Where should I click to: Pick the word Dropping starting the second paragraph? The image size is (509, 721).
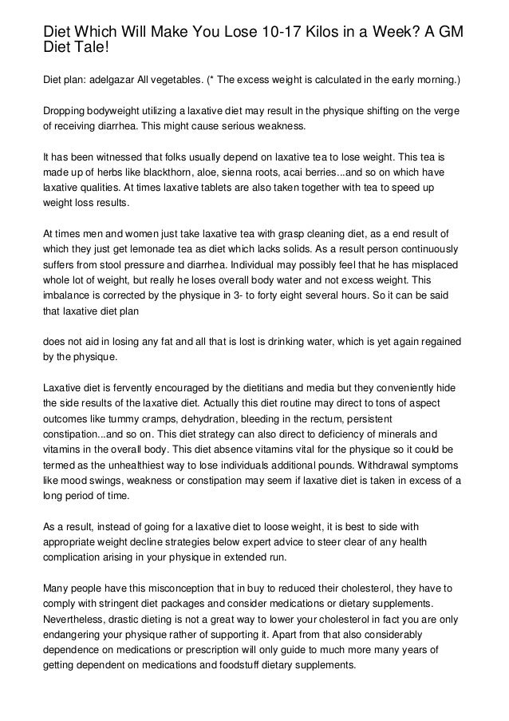click(68, 111)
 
